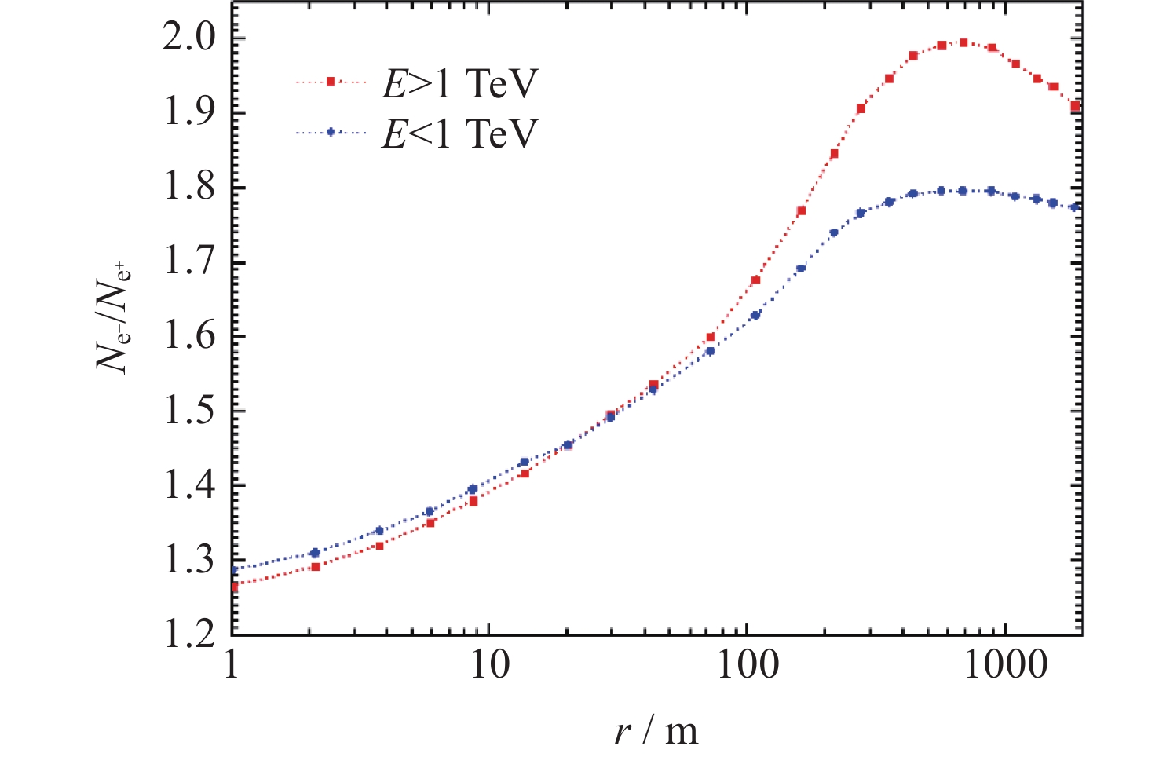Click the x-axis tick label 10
coord(489,665)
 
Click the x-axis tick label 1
coord(232,665)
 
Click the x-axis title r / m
coord(656,731)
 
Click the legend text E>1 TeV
coord(460,82)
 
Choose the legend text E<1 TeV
coord(460,133)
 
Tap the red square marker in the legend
coord(331,81)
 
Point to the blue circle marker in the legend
coord(331,133)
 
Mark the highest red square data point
coord(963,42)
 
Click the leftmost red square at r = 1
coord(233,586)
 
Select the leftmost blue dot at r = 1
coord(233,570)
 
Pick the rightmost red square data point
coord(1076,106)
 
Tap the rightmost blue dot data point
coord(1076,207)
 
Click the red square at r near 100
coord(755,280)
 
